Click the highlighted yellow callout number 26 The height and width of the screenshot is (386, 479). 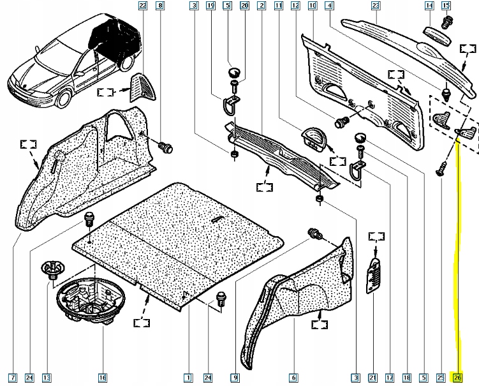pyautogui.click(x=457, y=378)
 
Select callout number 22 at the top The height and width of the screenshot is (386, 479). pyautogui.click(x=143, y=6)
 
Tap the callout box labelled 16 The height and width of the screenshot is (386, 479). pyautogui.click(x=103, y=378)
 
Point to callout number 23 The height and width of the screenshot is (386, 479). pyautogui.click(x=376, y=6)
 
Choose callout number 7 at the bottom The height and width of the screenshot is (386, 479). pyautogui.click(x=13, y=378)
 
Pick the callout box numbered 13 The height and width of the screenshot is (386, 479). pyautogui.click(x=46, y=378)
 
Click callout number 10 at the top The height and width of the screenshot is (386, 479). pyautogui.click(x=312, y=6)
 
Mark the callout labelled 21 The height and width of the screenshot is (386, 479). pyautogui.click(x=372, y=378)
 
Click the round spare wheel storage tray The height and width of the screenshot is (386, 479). pyautogui.click(x=91, y=299)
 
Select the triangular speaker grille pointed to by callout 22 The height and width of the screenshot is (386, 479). pyautogui.click(x=142, y=87)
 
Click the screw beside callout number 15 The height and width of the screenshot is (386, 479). pyautogui.click(x=447, y=23)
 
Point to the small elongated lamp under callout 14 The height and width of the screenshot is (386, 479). pyautogui.click(x=437, y=36)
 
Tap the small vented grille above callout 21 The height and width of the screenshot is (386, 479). pyautogui.click(x=374, y=276)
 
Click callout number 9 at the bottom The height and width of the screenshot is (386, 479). pyautogui.click(x=235, y=378)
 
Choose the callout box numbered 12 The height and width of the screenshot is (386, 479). pyautogui.click(x=295, y=6)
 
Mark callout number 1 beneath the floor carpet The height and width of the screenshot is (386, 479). pyautogui.click(x=188, y=378)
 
